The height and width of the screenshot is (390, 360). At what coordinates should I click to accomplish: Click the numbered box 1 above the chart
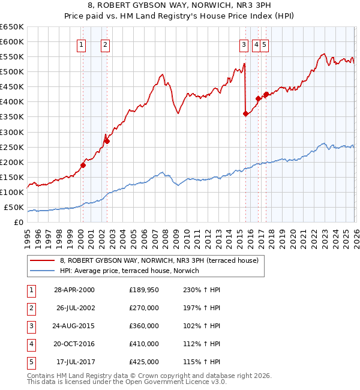pyautogui.click(x=81, y=44)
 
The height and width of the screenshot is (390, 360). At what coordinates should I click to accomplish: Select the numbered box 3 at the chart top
pyautogui.click(x=244, y=44)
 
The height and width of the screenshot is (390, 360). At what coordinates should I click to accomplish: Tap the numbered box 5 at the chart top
pyautogui.click(x=265, y=44)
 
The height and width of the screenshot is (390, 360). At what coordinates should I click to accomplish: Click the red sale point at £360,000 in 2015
pyautogui.click(x=245, y=113)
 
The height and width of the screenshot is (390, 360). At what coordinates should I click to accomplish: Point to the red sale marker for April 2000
pyautogui.click(x=83, y=165)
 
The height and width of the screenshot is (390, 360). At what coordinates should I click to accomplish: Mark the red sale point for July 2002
pyautogui.click(x=107, y=141)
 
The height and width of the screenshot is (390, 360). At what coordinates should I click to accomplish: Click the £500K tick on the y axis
pyautogui.click(x=12, y=71)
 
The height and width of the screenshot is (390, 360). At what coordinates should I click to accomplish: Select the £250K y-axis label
pyautogui.click(x=12, y=147)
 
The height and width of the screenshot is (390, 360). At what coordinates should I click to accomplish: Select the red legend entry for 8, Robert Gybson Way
pyautogui.click(x=158, y=260)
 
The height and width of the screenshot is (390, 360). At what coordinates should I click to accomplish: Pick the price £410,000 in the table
pyautogui.click(x=143, y=344)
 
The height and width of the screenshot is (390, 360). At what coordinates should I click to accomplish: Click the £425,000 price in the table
pyautogui.click(x=143, y=362)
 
